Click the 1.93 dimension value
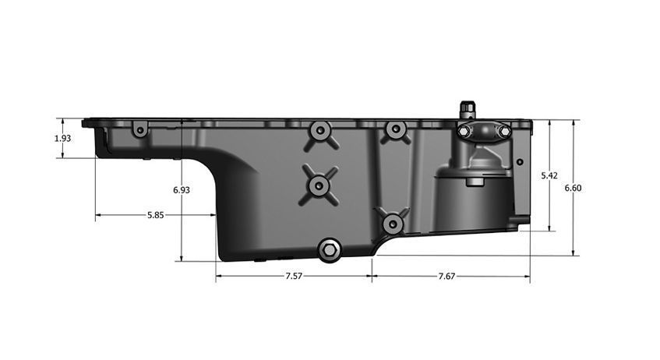pos(63,138)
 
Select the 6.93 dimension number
pos(181,189)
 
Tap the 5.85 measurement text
pos(155,215)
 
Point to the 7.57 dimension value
pos(295,276)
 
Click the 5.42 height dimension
pos(550,176)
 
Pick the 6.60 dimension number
pos(574,188)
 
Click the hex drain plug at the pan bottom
pos(330,250)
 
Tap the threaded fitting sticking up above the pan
pos(468,108)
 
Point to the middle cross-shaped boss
pos(319,185)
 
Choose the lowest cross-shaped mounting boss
pos(394,224)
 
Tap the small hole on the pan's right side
pos(519,163)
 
